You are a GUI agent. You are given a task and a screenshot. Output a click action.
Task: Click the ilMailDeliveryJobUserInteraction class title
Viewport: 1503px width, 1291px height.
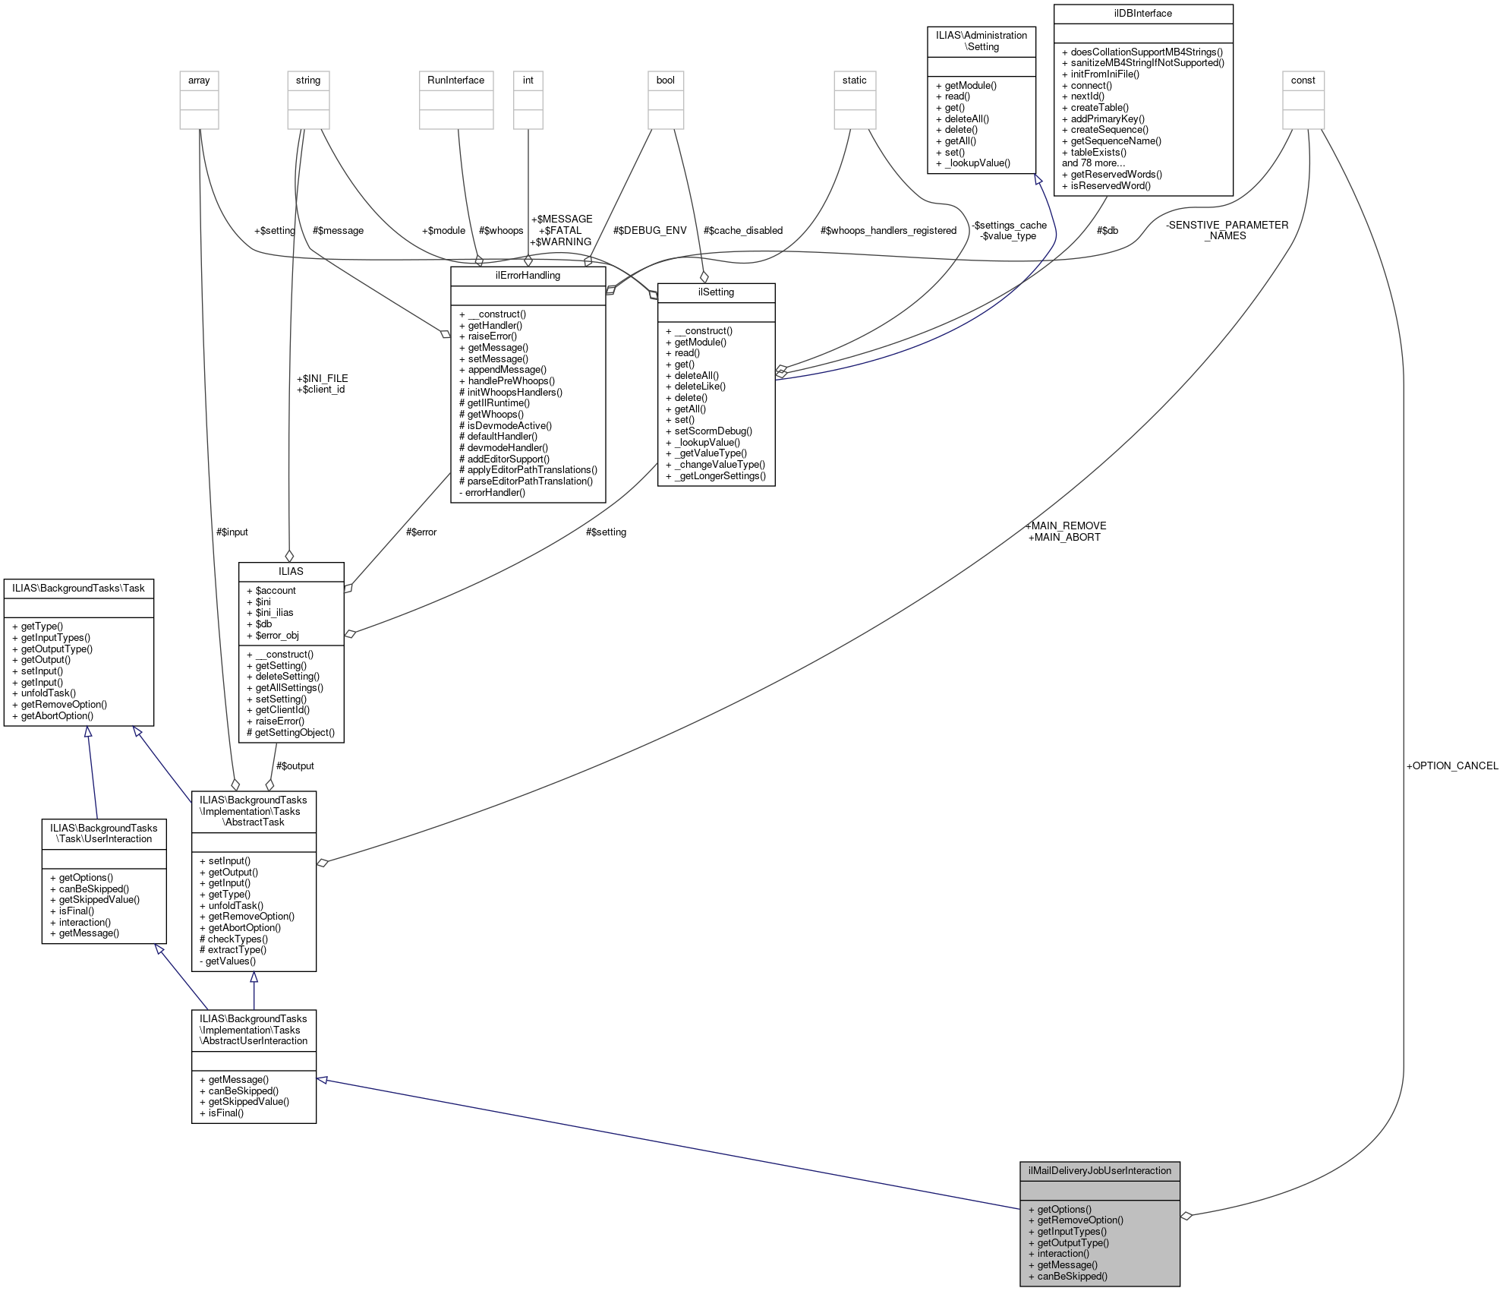pos(1099,1170)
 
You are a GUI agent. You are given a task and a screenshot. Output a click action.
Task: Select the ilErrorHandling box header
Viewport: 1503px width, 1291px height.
pos(528,275)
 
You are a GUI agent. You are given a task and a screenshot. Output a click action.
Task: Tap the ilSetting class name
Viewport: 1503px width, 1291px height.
pos(716,292)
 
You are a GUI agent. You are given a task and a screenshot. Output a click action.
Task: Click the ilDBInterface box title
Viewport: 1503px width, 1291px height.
pos(1142,14)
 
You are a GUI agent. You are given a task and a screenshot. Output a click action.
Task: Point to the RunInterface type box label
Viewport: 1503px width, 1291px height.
pos(455,80)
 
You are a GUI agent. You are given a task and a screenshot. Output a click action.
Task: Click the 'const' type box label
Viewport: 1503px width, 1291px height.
pos(1303,80)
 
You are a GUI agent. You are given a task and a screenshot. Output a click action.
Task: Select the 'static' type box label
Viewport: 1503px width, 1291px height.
pos(854,80)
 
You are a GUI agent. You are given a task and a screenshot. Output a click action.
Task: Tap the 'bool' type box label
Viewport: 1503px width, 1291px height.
pos(665,80)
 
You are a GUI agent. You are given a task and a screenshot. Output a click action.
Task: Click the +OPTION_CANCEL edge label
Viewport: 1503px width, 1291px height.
pos(1451,765)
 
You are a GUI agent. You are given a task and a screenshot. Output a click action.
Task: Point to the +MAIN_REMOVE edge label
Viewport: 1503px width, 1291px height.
pos(1065,526)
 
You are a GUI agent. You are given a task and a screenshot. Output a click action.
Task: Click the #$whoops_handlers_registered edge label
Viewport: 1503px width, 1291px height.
pos(888,230)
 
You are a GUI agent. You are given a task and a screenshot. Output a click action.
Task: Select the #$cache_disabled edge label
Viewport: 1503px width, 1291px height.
pos(742,230)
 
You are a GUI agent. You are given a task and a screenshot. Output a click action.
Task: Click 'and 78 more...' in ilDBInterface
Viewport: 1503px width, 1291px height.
pos(1093,163)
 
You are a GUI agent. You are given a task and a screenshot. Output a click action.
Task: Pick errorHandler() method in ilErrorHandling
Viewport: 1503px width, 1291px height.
pos(494,492)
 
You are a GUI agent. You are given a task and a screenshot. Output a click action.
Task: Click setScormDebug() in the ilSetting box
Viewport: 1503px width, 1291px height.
pos(713,431)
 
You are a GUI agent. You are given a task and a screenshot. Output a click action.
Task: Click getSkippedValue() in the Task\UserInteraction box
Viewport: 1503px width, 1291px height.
pos(99,899)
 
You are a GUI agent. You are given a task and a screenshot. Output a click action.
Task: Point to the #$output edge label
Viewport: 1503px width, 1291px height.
pos(295,765)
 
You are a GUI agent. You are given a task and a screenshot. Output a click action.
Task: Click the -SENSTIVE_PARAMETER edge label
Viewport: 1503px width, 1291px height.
pos(1227,225)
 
